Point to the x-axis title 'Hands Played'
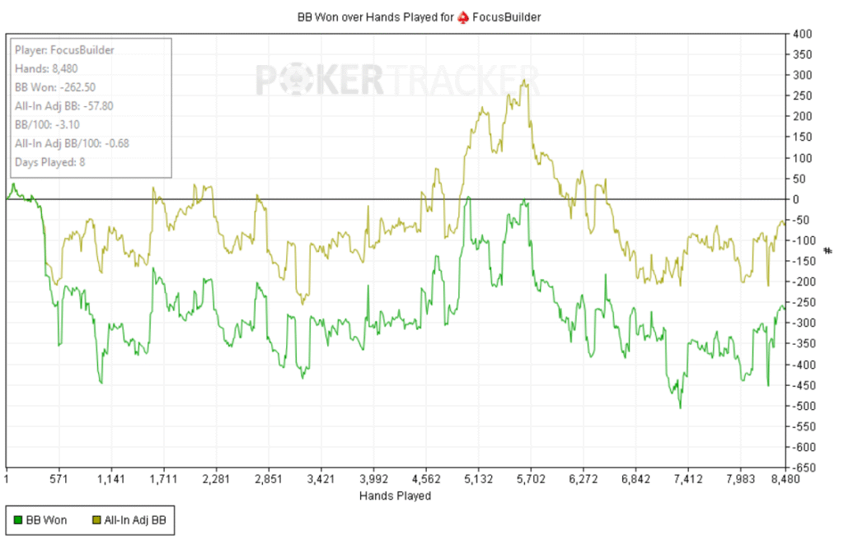tap(395, 496)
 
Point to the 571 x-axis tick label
tap(58, 479)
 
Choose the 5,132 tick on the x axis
tap(478, 479)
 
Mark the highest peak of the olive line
tap(524, 80)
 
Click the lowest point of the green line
tap(680, 407)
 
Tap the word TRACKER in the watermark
tap(461, 81)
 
